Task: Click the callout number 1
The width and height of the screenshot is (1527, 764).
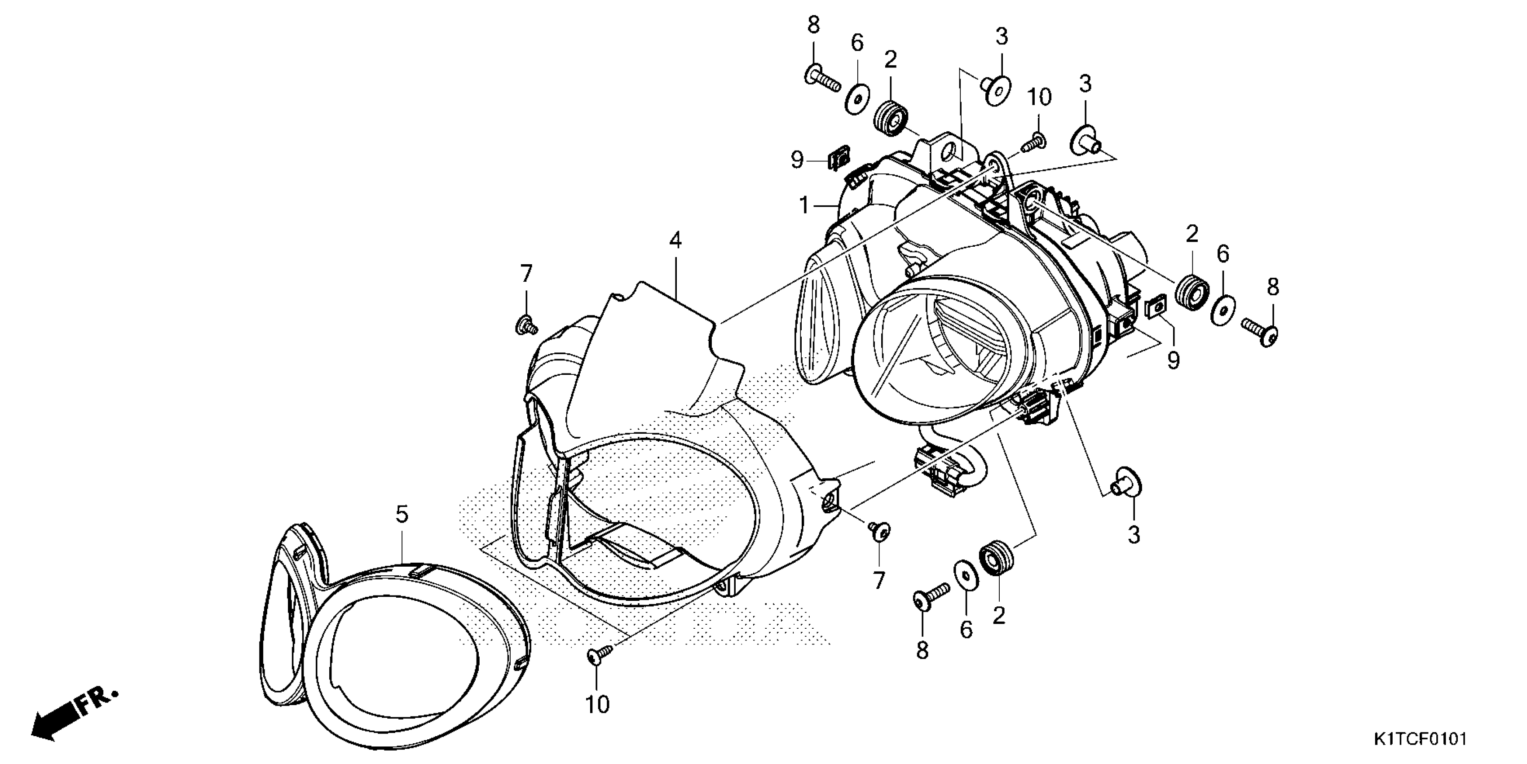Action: pos(804,206)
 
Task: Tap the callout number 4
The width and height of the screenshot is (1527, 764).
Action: pos(675,240)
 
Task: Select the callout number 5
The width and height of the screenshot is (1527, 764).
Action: pos(402,514)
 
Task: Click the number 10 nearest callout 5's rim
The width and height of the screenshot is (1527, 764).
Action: pos(597,704)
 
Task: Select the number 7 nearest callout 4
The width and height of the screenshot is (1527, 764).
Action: pos(526,274)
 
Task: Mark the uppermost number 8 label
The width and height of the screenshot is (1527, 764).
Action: pos(813,26)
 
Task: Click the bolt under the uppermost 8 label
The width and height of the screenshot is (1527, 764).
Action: pos(822,80)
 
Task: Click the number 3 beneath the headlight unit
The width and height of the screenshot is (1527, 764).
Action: pos(1134,535)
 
